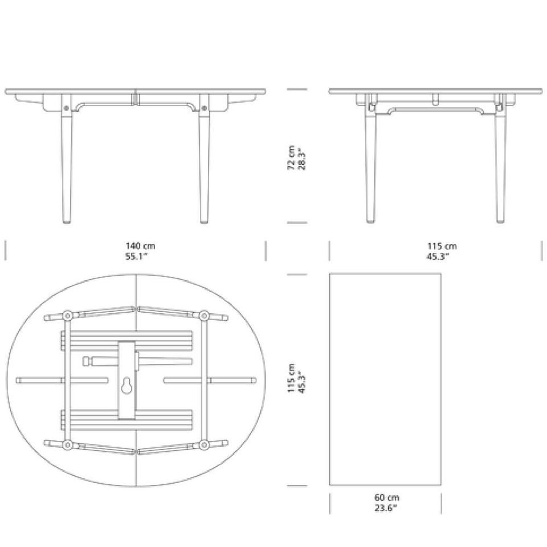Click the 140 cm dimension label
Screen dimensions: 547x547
140,246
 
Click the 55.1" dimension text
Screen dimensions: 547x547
136,256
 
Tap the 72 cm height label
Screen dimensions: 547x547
291,158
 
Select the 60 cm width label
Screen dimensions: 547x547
387,497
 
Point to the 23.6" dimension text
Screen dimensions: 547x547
386,508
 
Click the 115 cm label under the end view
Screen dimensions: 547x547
442,246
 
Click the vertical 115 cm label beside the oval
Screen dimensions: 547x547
291,378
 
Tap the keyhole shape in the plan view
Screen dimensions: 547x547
126,386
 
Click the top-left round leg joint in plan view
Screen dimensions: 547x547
67,316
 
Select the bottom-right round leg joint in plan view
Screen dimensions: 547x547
204,444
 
